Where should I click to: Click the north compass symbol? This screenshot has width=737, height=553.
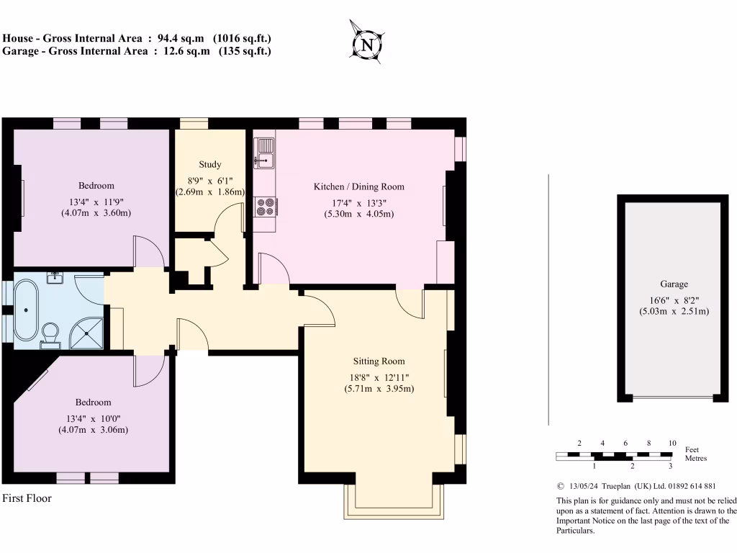coord(367,44)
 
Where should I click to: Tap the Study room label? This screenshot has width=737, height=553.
coord(210,165)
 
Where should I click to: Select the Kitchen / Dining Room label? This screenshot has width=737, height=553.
coord(358,186)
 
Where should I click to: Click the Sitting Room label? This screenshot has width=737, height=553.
coord(379,361)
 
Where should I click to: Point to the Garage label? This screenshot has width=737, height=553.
coord(674,284)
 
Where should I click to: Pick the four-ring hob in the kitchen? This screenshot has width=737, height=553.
coord(265,207)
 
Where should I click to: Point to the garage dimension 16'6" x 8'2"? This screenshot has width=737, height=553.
coord(674,298)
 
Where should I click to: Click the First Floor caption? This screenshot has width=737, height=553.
coord(27,498)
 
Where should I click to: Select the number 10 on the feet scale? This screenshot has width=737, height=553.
coord(672,443)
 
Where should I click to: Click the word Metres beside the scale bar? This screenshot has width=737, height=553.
coord(695,458)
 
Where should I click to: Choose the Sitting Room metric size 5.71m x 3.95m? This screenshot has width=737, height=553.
coord(379,389)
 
